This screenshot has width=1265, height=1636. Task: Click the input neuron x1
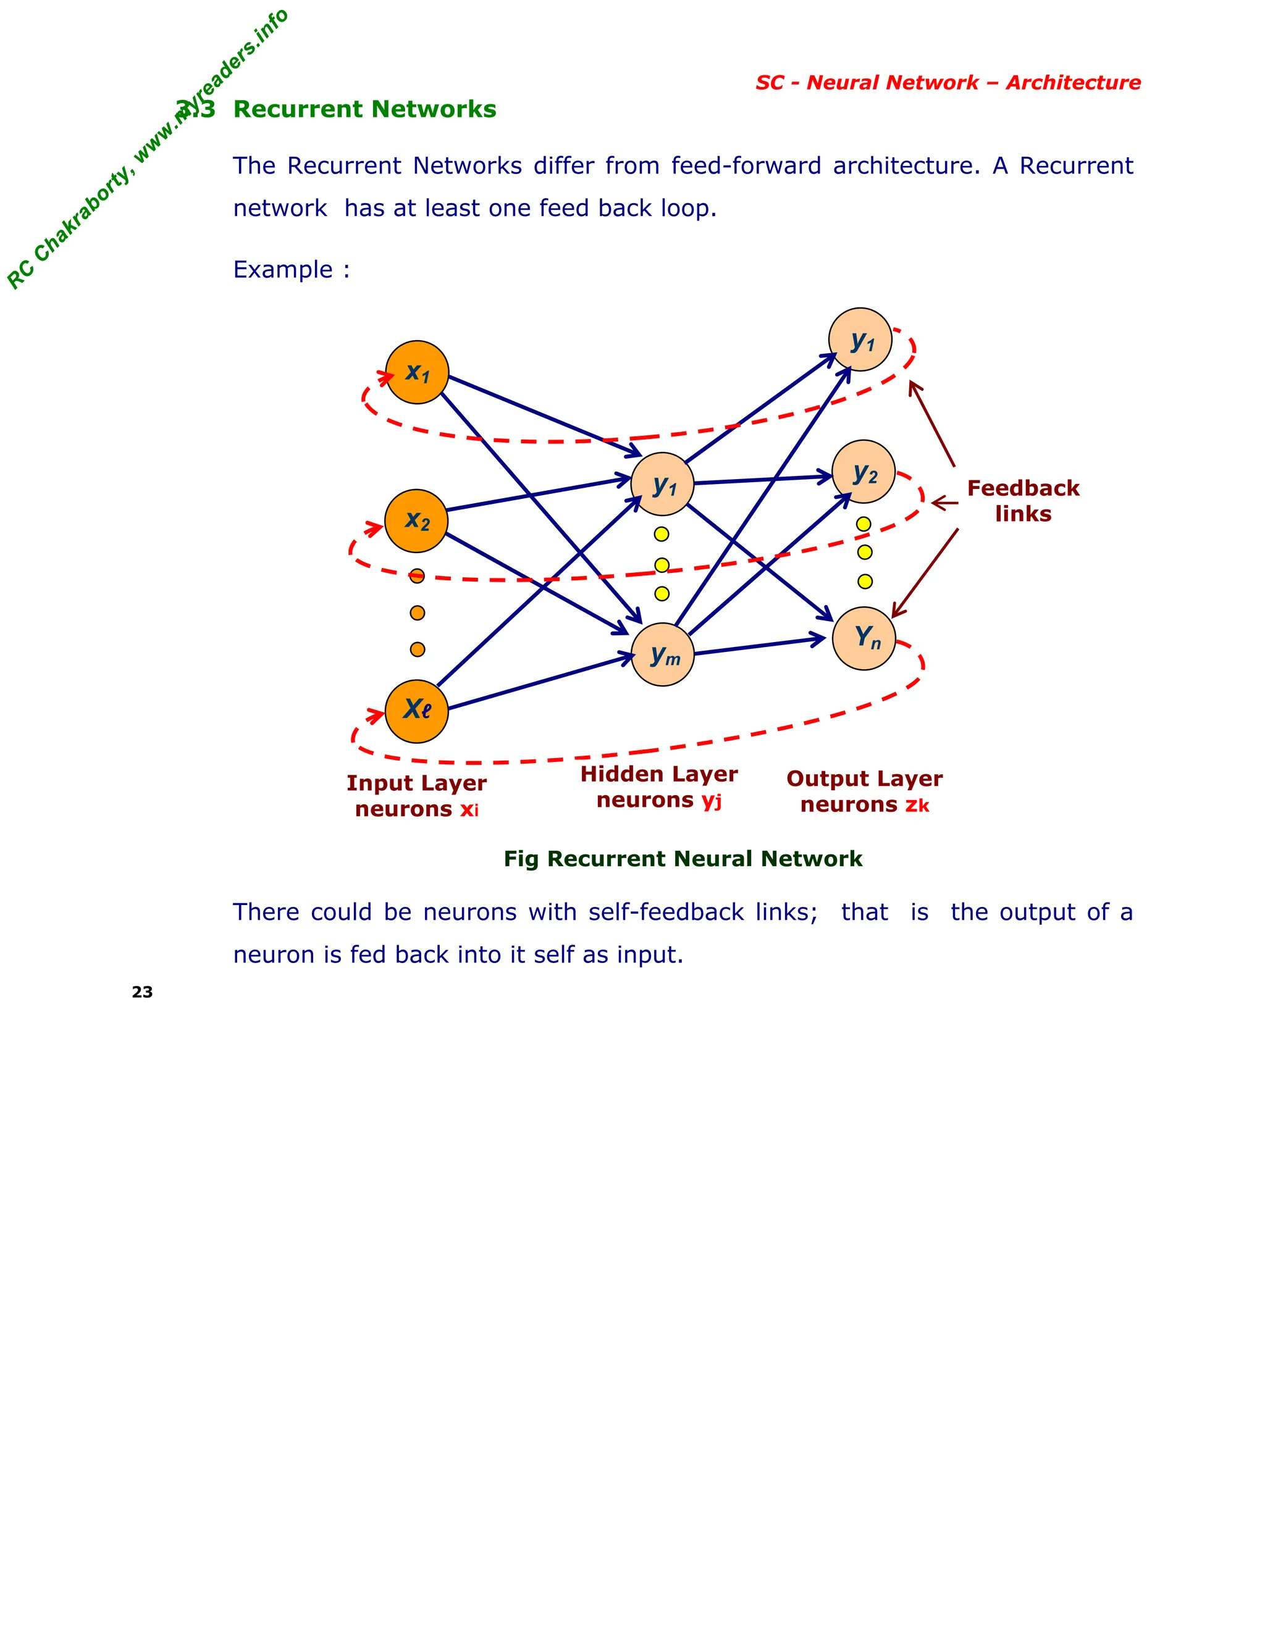click(x=417, y=372)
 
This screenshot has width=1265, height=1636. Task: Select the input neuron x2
click(x=416, y=520)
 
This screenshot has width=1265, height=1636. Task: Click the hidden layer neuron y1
click(x=663, y=484)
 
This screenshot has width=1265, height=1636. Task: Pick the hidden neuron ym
click(x=663, y=654)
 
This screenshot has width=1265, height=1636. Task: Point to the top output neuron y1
click(x=860, y=340)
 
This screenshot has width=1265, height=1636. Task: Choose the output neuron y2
click(x=864, y=472)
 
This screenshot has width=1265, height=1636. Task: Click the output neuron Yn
click(x=864, y=638)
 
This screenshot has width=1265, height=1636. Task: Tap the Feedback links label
click(x=1023, y=501)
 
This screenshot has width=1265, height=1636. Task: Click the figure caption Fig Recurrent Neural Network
click(x=683, y=859)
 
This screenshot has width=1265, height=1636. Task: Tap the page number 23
click(x=143, y=992)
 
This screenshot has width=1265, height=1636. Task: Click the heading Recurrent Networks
click(x=364, y=109)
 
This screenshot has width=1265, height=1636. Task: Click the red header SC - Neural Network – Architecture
click(x=948, y=82)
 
